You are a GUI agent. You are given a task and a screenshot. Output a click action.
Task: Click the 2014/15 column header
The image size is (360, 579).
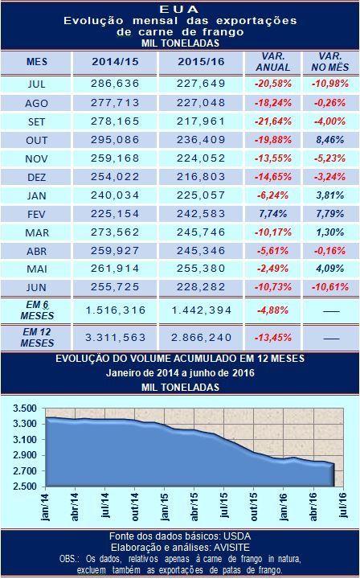[115, 62]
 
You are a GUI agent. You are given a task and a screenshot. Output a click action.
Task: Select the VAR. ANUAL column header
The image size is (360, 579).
[273, 62]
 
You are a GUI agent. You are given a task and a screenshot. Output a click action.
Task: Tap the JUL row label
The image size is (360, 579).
[36, 84]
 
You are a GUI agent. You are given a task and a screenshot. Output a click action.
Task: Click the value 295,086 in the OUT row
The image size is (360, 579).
[115, 140]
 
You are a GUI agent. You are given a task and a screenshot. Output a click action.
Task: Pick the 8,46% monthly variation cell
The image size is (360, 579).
[329, 140]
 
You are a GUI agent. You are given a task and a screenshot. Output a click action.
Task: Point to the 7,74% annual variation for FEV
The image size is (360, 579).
[273, 214]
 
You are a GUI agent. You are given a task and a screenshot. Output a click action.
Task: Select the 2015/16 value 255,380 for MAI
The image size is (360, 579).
[201, 269]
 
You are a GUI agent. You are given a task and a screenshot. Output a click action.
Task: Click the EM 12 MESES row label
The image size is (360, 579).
[37, 338]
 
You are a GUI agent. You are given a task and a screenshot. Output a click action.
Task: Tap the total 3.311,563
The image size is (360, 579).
[115, 338]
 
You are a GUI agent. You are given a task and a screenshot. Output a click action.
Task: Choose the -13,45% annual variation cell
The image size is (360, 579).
[273, 338]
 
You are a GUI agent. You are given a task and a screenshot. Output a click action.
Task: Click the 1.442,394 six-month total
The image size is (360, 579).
[202, 310]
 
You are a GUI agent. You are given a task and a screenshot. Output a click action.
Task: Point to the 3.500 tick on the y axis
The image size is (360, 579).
[25, 409]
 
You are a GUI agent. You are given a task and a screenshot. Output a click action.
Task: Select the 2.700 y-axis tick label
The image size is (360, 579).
[25, 471]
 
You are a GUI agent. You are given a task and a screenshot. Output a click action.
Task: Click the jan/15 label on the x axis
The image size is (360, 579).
[164, 506]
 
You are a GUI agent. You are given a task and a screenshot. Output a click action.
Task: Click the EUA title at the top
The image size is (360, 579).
[180, 9]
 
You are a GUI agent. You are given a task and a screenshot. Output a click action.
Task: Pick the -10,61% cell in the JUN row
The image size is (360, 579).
[330, 287]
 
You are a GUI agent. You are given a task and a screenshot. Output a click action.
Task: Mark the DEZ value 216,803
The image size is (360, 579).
[201, 176]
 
